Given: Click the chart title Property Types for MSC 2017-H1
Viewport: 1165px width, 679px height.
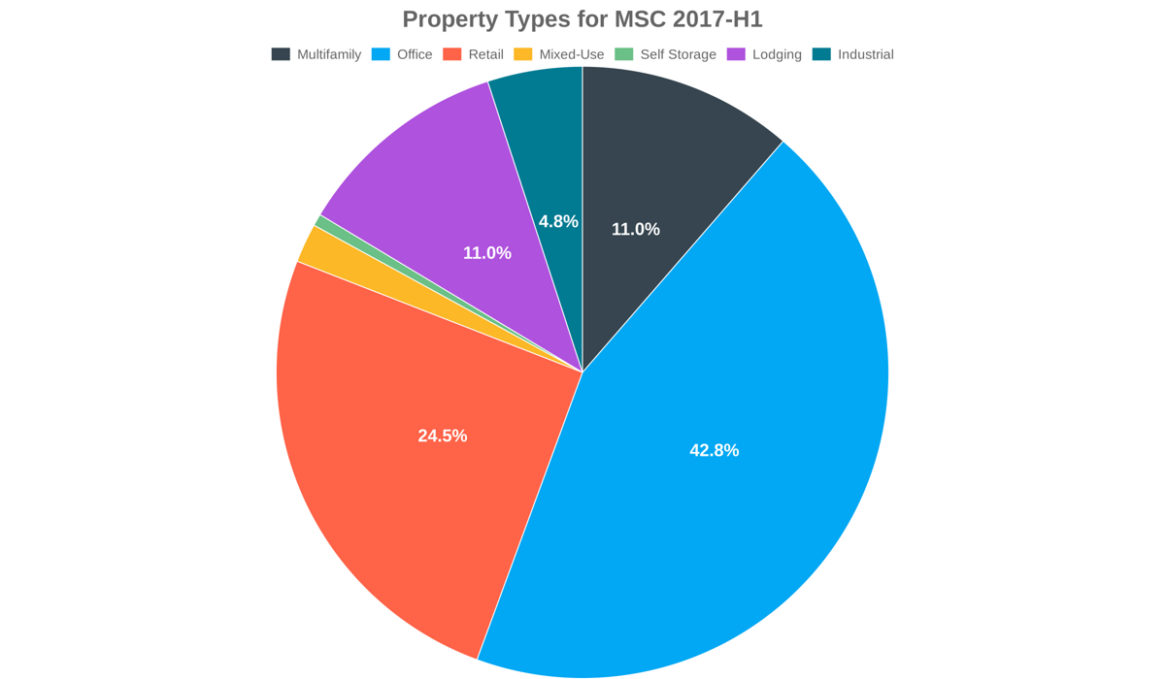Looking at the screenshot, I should pyautogui.click(x=582, y=19).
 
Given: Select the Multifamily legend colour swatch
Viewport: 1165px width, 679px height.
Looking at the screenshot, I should pyautogui.click(x=281, y=54).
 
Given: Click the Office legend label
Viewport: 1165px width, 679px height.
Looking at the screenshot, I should pyautogui.click(x=415, y=54).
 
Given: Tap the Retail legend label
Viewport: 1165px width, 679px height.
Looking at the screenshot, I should pyautogui.click(x=485, y=54).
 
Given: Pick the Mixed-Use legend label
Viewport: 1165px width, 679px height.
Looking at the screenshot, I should pyautogui.click(x=571, y=54).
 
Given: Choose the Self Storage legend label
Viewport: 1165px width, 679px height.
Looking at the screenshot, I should pyautogui.click(x=678, y=54).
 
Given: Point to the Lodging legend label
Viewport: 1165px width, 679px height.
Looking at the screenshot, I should pyautogui.click(x=777, y=54).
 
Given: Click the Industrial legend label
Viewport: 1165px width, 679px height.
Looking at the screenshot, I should pyautogui.click(x=865, y=54).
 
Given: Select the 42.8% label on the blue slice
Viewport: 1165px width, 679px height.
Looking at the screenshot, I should pyautogui.click(x=715, y=450).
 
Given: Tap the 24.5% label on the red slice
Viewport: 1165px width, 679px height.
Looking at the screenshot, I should pyautogui.click(x=443, y=436).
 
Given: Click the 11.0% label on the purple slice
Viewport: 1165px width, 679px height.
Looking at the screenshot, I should pyautogui.click(x=486, y=253).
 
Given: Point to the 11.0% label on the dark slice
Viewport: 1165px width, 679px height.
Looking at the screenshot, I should pyautogui.click(x=636, y=229).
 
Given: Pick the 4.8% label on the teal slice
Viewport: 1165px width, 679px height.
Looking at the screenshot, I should pyautogui.click(x=558, y=221).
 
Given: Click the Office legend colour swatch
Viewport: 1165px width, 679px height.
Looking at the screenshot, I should pyautogui.click(x=381, y=54).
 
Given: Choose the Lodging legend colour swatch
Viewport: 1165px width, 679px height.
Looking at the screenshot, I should pyautogui.click(x=736, y=54).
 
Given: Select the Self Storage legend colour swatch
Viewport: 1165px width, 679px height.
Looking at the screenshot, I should pyautogui.click(x=623, y=54).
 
